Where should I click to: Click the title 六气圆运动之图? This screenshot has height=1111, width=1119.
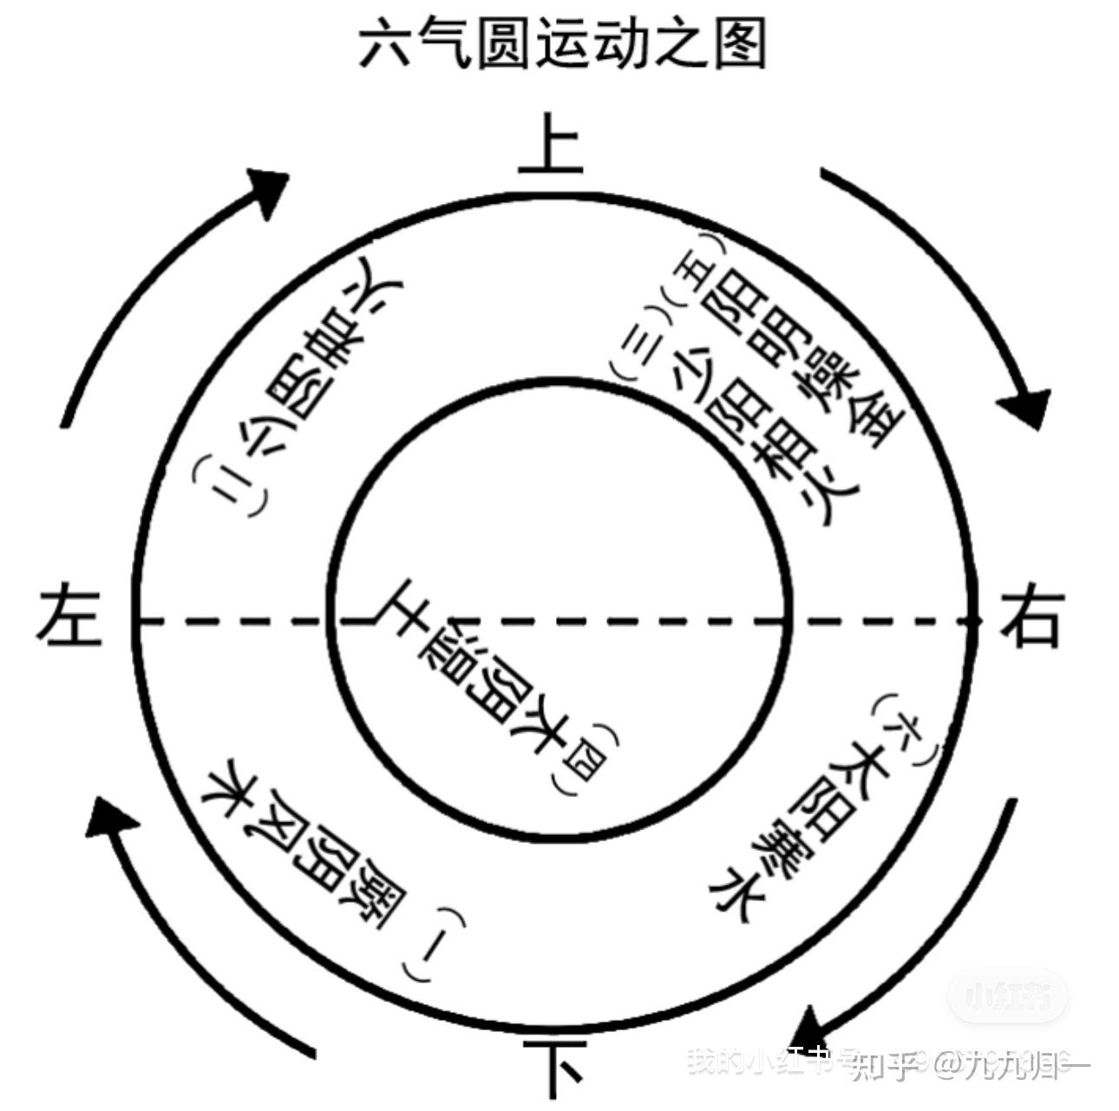click(x=562, y=45)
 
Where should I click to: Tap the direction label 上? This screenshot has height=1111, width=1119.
click(x=550, y=143)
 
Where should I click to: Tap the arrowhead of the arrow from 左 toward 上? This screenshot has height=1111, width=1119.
click(x=269, y=186)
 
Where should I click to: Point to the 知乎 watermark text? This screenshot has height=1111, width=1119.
click(x=885, y=1063)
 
